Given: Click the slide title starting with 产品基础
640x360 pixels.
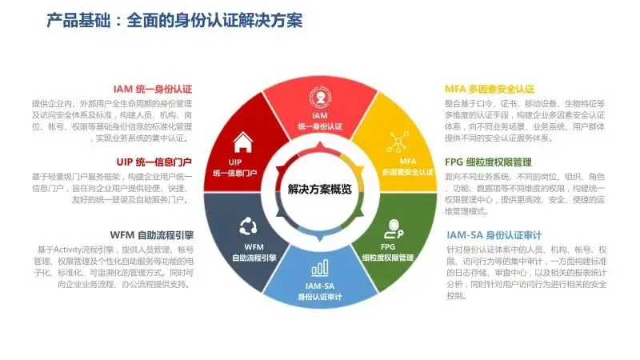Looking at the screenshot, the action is (175, 19).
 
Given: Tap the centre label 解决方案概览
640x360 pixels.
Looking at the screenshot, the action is (319, 190).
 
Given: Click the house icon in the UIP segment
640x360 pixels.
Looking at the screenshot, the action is (242, 143).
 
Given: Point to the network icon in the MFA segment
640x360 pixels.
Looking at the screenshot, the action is (398, 142).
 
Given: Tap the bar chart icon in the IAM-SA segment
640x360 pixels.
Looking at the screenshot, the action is (319, 266).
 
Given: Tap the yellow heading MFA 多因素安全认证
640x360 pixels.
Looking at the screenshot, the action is (490, 89).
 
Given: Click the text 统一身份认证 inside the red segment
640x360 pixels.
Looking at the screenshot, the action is (319, 127).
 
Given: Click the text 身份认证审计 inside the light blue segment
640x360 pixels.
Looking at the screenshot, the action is (319, 297).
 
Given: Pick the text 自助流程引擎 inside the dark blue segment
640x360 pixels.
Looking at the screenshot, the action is (254, 258).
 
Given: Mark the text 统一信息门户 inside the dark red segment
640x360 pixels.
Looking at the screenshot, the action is (236, 172).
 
